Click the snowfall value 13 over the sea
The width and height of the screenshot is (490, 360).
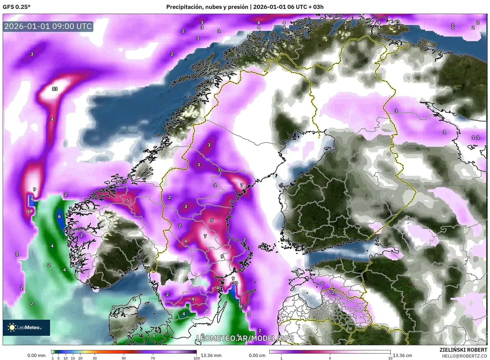[x=55, y=89]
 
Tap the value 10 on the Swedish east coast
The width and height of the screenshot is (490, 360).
[x=235, y=283]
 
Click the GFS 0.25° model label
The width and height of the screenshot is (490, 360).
[x=16, y=7]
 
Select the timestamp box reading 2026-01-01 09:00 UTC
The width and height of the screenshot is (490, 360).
[x=48, y=26]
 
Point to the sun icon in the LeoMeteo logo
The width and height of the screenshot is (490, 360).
[x=12, y=327]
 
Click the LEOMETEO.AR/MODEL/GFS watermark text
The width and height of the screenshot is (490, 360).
[x=245, y=338]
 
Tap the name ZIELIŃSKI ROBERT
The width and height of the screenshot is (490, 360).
[x=463, y=350]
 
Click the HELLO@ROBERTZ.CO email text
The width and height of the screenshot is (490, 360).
[x=464, y=356]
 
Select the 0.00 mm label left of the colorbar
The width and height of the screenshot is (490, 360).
[x=36, y=355]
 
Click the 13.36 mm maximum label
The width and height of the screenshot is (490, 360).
[x=211, y=355]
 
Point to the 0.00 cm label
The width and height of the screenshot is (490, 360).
[x=257, y=355]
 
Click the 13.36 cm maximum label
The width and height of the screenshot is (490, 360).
[x=402, y=355]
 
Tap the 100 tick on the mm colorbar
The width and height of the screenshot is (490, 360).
[x=197, y=358]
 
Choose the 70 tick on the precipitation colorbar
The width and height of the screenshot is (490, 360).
[x=153, y=358]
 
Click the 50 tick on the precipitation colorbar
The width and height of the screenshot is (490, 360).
[x=124, y=358]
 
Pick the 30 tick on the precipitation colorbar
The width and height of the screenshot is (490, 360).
[x=94, y=358]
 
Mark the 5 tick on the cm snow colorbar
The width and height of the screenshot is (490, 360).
[x=330, y=358]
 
